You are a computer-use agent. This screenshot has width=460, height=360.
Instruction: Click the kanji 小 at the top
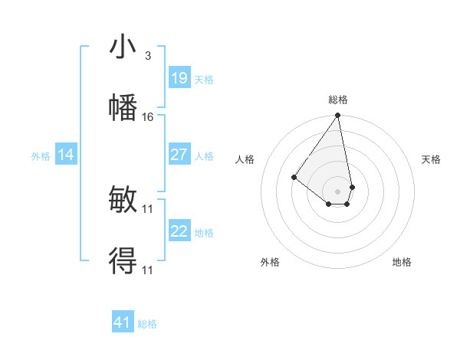pos(123,47)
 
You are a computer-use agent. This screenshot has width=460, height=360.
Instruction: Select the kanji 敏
pos(123,201)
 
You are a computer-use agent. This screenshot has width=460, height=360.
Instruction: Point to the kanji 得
pos(123,260)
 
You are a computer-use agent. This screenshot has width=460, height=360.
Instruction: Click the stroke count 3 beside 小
pos(148,55)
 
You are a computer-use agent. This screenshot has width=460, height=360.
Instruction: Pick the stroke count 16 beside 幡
pos(148,116)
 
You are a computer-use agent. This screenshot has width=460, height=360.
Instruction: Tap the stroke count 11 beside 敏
pos(148,208)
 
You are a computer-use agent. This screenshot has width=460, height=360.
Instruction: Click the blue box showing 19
pos(179,77)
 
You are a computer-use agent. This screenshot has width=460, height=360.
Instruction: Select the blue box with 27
pos(179,155)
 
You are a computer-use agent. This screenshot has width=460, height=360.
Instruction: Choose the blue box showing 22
pos(179,231)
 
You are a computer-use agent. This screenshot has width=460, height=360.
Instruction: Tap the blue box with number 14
pos(66,155)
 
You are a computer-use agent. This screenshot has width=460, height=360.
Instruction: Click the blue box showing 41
pos(123,322)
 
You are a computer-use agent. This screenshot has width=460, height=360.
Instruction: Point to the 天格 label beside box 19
pos(204,79)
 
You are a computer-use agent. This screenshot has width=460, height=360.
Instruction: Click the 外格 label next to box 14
pos(41,156)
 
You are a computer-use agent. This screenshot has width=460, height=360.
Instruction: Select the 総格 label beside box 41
pos(147,324)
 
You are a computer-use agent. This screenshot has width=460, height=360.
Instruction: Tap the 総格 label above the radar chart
pos(338,100)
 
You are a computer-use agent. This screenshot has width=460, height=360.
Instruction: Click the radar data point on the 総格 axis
pos(337,116)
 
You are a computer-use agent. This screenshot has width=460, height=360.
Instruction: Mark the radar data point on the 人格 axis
pos(294,178)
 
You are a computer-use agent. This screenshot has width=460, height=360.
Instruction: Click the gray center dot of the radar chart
pos(337,191)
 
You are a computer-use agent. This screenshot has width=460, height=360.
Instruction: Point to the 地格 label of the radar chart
pos(402,263)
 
